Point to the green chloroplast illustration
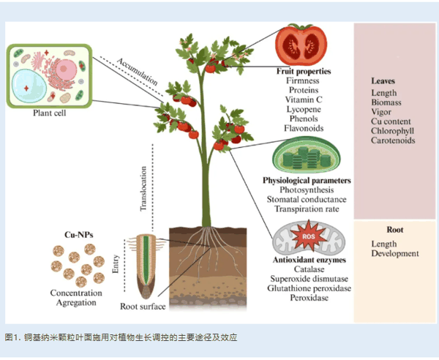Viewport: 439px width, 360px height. coord(302,156)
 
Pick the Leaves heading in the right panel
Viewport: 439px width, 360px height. coord(384,80)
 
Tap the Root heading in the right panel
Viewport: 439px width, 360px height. coord(394,229)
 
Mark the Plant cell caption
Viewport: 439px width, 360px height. coord(50,113)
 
